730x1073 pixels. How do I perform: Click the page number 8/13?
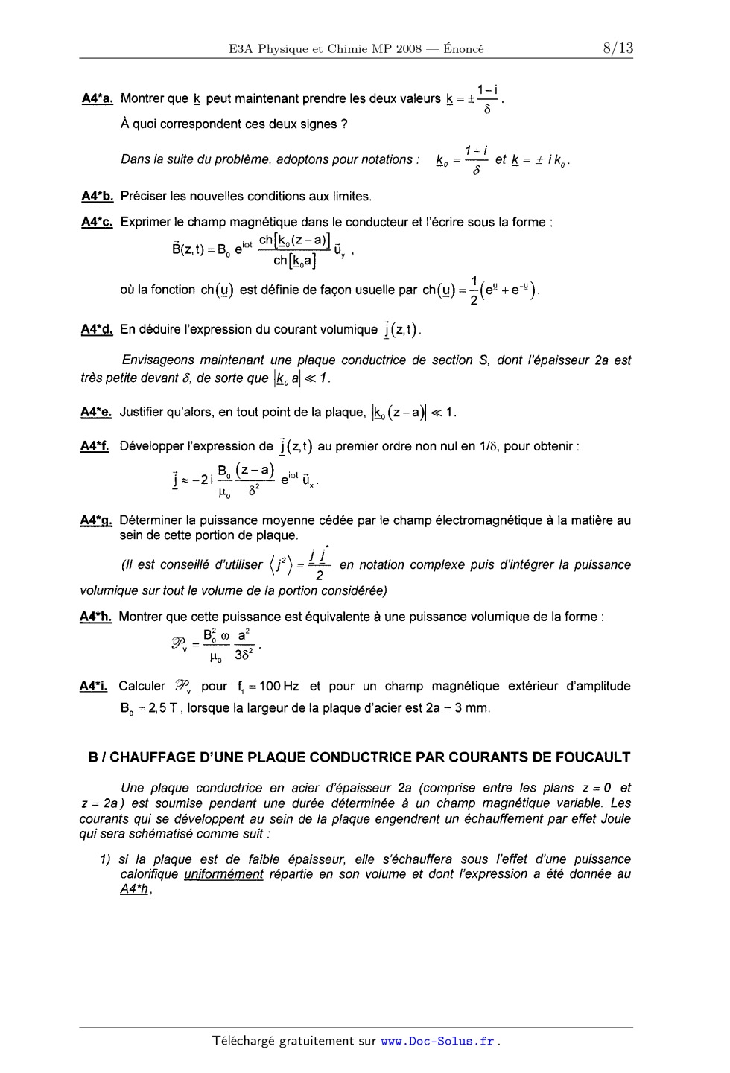click(618, 48)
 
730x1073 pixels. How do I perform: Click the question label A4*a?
click(97, 98)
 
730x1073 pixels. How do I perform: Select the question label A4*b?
click(97, 196)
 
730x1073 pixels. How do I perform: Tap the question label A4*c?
click(97, 222)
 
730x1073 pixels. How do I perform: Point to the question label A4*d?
click(96, 329)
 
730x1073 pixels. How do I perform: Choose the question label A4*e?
click(96, 412)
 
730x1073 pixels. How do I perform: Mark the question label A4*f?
click(95, 446)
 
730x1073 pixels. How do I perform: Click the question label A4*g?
click(96, 520)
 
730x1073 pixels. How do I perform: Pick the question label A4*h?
click(95, 617)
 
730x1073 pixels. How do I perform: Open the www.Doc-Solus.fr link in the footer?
click(437, 1042)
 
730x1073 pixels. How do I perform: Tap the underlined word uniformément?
click(223, 874)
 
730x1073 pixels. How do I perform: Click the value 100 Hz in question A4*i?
click(279, 687)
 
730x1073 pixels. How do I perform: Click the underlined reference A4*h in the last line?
click(135, 890)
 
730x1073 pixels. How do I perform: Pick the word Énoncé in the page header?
click(463, 49)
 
